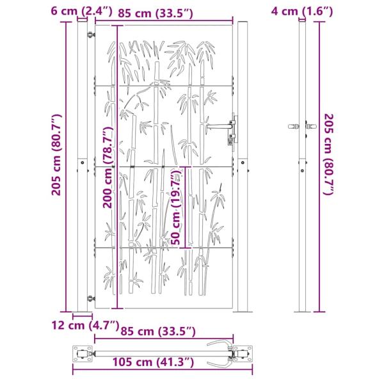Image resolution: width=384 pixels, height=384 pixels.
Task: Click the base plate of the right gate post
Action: (x=244, y=311)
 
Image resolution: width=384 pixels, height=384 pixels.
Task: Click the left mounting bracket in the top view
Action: (x=81, y=351)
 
